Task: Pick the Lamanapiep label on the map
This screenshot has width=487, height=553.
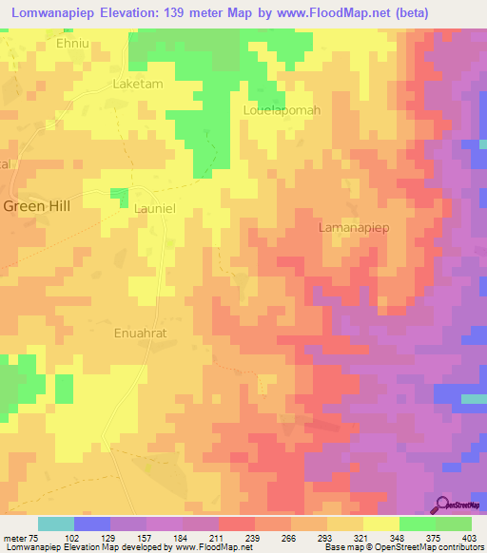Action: pyautogui.click(x=354, y=229)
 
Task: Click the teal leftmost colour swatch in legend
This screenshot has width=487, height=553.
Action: pyautogui.click(x=55, y=524)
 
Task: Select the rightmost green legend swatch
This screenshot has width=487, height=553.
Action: pyautogui.click(x=454, y=524)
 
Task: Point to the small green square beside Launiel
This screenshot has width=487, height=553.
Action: pyautogui.click(x=120, y=197)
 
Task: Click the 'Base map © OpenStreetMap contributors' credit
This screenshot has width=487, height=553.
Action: pyautogui.click(x=400, y=547)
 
